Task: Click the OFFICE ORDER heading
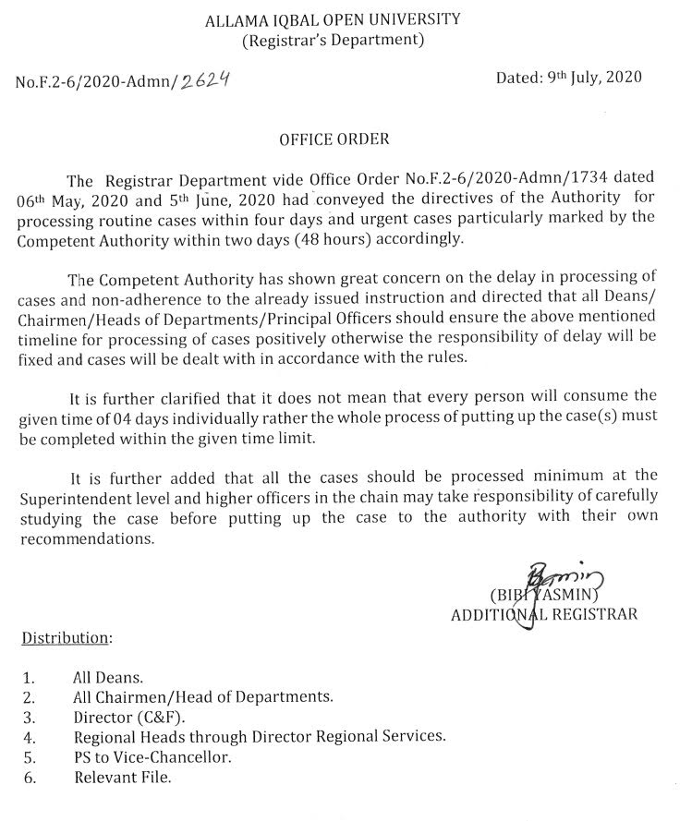click(334, 139)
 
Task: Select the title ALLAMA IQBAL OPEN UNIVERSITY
click(334, 18)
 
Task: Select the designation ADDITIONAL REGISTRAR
click(544, 614)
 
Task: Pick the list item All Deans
click(105, 677)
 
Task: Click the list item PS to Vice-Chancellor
click(152, 756)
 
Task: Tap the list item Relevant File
click(122, 777)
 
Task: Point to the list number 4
click(29, 736)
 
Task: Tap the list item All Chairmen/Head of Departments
click(202, 696)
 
